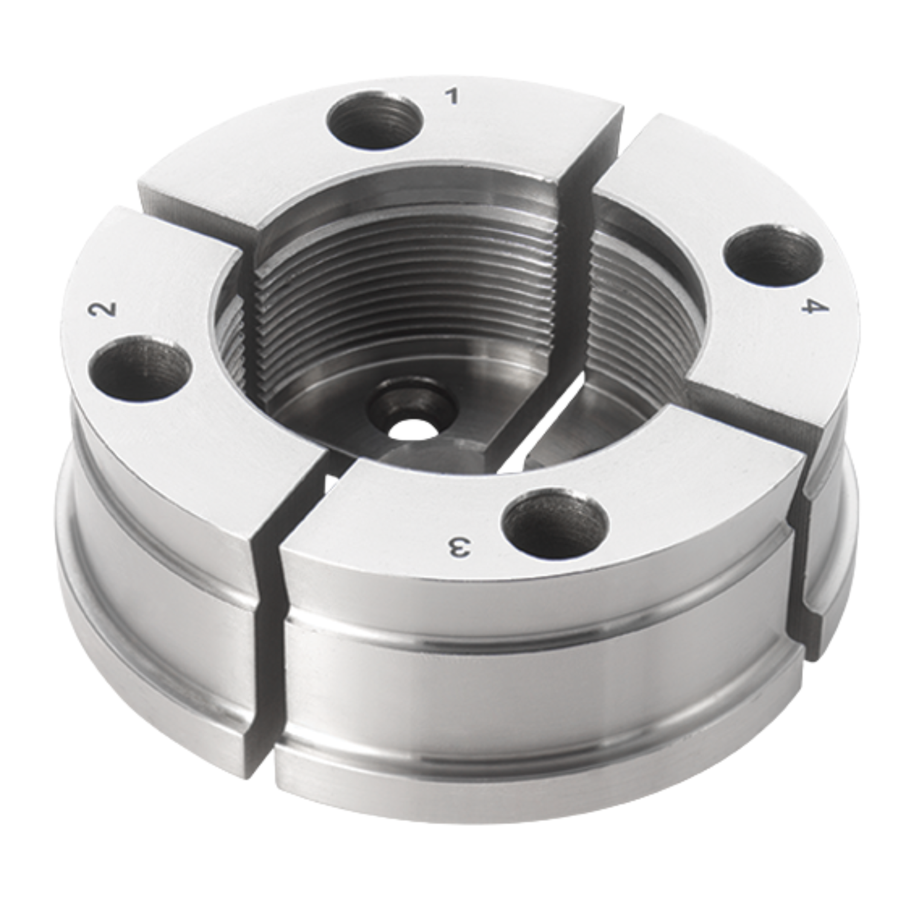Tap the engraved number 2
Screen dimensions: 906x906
point(102,310)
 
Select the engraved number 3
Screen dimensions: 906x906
point(458,548)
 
